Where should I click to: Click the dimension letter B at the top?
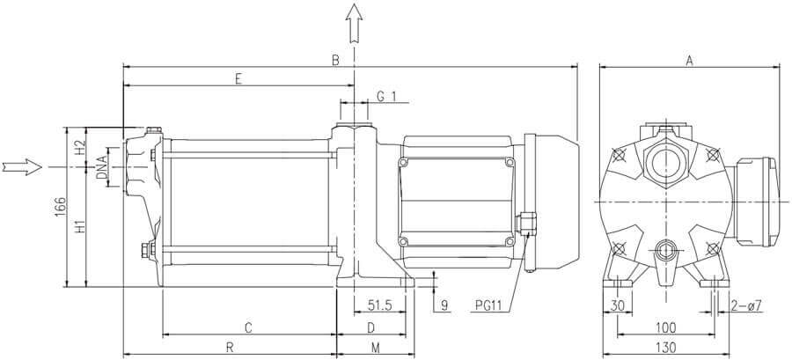[335, 60]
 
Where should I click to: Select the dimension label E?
[238, 78]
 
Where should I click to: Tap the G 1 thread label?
[386, 96]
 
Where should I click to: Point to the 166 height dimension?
[60, 207]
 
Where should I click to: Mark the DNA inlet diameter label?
[101, 167]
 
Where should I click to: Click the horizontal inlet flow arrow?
[22, 166]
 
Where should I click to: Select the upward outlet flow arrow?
[354, 23]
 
